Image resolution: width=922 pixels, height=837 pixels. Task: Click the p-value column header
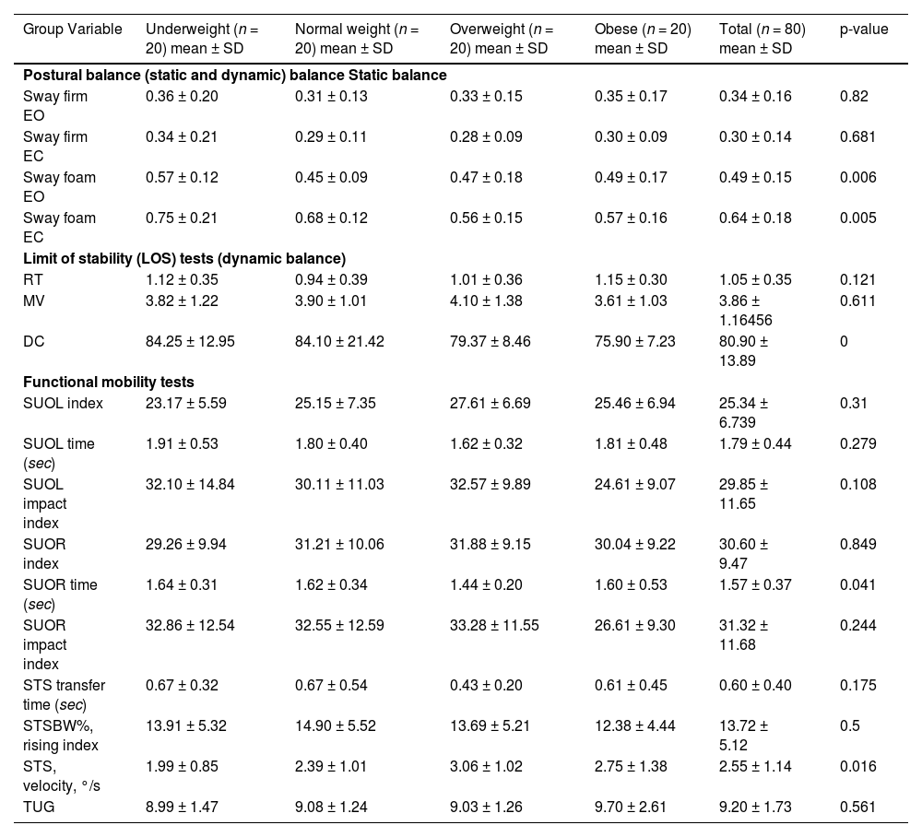click(x=863, y=29)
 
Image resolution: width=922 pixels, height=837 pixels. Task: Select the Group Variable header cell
click(x=72, y=29)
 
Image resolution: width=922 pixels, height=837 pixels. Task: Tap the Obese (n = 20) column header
click(x=643, y=38)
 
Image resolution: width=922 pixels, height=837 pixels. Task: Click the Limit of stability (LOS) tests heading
click(x=183, y=258)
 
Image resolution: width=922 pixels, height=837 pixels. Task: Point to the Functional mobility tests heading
click(x=108, y=382)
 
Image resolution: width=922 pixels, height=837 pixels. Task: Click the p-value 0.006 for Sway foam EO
click(x=857, y=177)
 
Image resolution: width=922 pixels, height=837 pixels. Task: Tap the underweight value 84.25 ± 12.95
click(x=190, y=341)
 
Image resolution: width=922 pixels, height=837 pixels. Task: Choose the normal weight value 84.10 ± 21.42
click(x=339, y=341)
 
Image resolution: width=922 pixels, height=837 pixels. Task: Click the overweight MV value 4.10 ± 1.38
click(x=487, y=301)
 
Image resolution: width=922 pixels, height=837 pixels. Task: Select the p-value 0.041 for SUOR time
click(x=857, y=584)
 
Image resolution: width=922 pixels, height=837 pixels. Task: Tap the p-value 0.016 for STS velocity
click(x=857, y=766)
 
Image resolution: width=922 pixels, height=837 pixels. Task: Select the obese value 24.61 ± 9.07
click(x=634, y=484)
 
